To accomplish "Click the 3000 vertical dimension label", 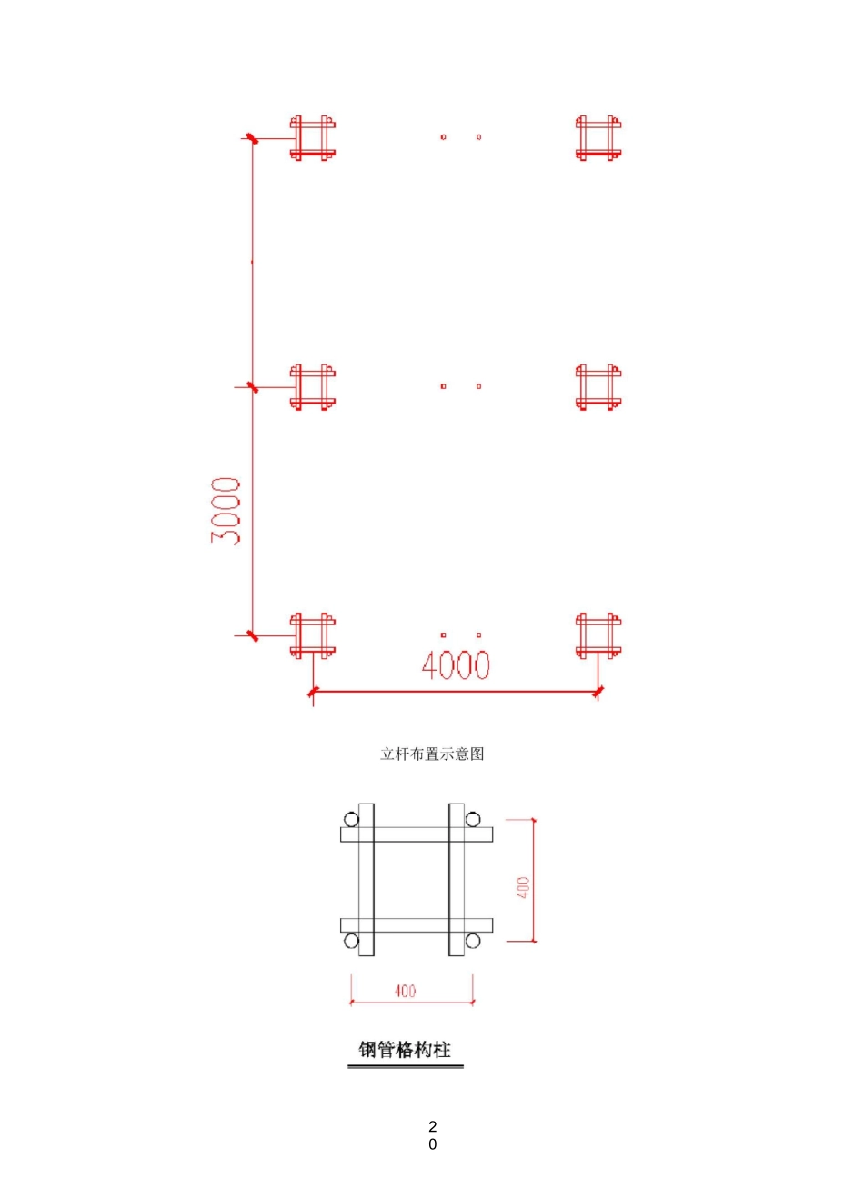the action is click(226, 511).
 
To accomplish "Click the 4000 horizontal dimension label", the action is click(456, 664).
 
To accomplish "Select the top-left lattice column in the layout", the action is click(313, 138).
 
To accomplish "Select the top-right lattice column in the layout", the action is click(598, 138).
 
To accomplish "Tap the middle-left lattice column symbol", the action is click(313, 387).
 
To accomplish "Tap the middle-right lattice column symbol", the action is click(598, 387).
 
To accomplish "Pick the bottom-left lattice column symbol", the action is click(313, 635).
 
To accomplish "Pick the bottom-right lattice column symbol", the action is click(598, 635).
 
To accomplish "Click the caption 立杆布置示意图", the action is click(432, 754).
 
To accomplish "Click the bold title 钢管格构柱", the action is click(405, 1049).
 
